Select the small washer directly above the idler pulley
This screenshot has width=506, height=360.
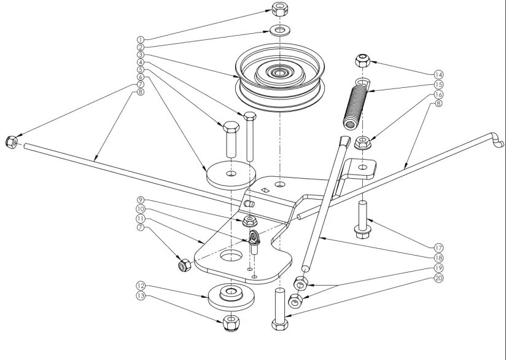[x=281, y=29]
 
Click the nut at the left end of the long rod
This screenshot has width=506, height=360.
[x=10, y=141]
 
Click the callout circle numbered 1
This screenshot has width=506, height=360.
[x=141, y=39]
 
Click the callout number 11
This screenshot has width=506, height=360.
[x=141, y=218]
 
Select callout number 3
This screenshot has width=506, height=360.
[x=141, y=55]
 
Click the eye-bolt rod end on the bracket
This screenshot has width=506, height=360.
[x=255, y=240]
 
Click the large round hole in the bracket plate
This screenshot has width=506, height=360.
[x=231, y=256]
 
